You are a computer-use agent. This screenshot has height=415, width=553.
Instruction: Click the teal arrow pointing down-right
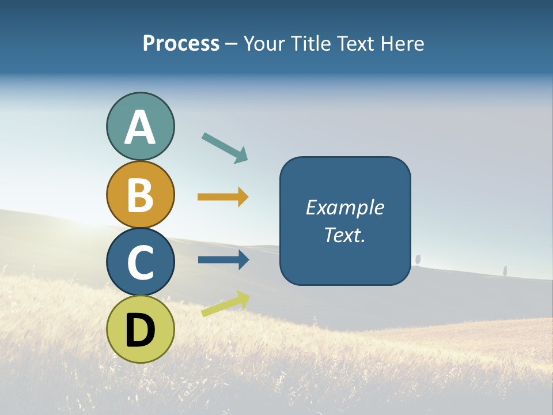pos(225,148)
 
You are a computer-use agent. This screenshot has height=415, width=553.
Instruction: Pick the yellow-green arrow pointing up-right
pos(225,304)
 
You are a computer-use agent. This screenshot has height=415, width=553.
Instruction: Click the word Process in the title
pos(181,44)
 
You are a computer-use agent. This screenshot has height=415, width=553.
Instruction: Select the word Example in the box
pos(344,207)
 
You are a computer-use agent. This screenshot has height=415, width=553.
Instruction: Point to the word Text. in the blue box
pos(344,235)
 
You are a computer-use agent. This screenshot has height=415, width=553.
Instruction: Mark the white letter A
pos(140,128)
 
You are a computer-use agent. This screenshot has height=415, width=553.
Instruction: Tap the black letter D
pos(140,331)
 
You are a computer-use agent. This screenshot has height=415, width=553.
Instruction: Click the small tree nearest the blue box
pos(418,259)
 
